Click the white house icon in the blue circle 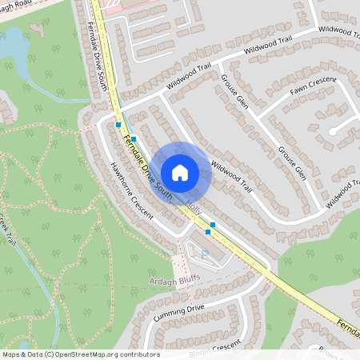coord(180,172)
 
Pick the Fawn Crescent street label coord(313,91)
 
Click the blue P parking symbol coord(203,254)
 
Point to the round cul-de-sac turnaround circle coord(333,130)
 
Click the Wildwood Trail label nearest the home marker coord(232,178)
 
